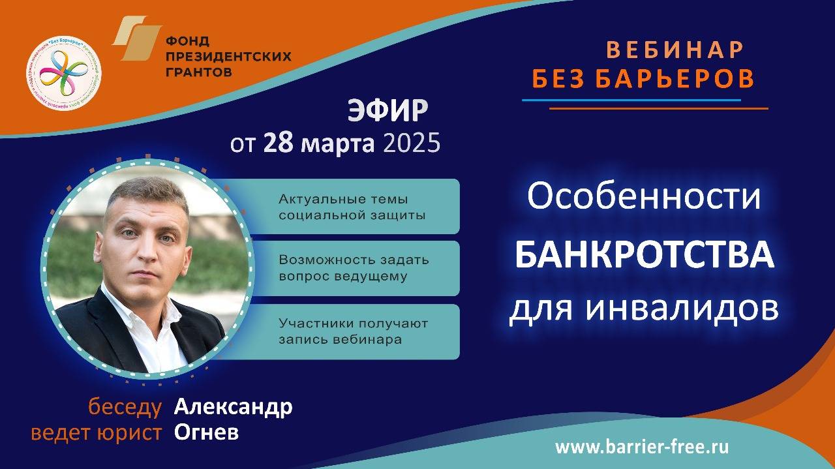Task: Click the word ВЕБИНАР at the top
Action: [x=675, y=50]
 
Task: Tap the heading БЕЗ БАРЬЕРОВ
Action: [x=643, y=79]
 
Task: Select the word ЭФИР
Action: [x=387, y=112]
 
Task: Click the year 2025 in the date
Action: [x=412, y=144]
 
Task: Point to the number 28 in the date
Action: [x=277, y=144]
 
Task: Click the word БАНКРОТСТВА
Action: [x=644, y=255]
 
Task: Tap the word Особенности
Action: [x=644, y=197]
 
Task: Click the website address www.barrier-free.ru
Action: [x=642, y=447]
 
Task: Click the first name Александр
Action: [x=233, y=408]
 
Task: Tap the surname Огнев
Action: [x=206, y=432]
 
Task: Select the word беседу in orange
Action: [x=125, y=408]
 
